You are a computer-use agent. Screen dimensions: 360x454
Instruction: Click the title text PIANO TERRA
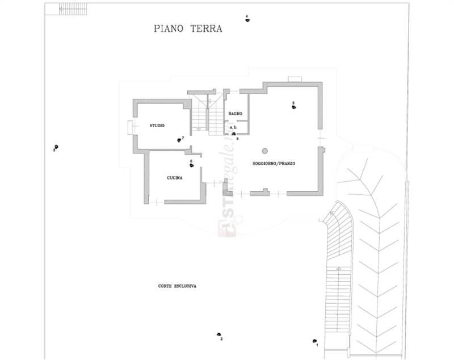tap(188, 28)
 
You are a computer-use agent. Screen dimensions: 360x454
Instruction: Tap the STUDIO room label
tap(157, 125)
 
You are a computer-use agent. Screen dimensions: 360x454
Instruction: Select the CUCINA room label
tap(174, 178)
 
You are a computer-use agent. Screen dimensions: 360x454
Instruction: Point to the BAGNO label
tap(236, 114)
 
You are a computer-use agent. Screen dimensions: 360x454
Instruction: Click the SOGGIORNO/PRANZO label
tap(274, 164)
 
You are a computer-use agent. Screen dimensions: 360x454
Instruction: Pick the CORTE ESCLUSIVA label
tap(177, 286)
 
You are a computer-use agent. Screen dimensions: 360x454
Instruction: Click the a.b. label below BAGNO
tap(233, 127)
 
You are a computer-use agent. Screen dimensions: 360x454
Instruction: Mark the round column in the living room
tap(264, 150)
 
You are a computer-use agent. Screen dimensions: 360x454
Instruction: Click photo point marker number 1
tap(314, 341)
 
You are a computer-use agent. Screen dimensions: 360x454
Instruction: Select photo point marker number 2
tap(218, 335)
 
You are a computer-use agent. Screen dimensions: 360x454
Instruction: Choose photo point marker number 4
tap(247, 19)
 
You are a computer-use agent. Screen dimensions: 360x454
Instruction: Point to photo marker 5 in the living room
tap(293, 106)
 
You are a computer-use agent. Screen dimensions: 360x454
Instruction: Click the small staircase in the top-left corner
tap(54, 9)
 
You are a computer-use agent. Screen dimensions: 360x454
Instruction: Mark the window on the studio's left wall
tap(131, 127)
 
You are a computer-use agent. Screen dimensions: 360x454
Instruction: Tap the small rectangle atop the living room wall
tap(294, 79)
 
